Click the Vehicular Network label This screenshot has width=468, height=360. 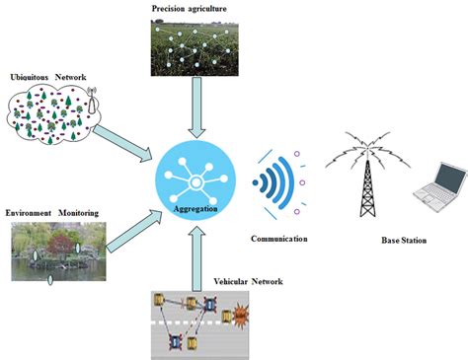tap(248, 282)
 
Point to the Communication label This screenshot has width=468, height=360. tap(279, 239)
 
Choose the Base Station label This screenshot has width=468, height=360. tap(405, 241)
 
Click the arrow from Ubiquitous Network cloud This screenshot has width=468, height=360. tap(123, 140)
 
